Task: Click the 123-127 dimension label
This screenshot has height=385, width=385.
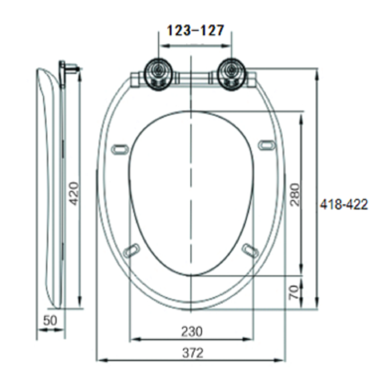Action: [195, 31]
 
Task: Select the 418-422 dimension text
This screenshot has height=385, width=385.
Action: [344, 205]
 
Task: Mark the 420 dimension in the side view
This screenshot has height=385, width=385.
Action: [74, 193]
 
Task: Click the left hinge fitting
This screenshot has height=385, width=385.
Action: [159, 73]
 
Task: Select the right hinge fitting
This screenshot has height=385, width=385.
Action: [231, 73]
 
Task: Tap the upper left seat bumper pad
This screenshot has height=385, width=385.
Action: [120, 149]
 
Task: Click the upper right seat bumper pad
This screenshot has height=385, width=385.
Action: [267, 145]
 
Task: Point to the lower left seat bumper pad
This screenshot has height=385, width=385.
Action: [131, 250]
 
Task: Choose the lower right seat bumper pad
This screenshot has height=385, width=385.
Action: [250, 250]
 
